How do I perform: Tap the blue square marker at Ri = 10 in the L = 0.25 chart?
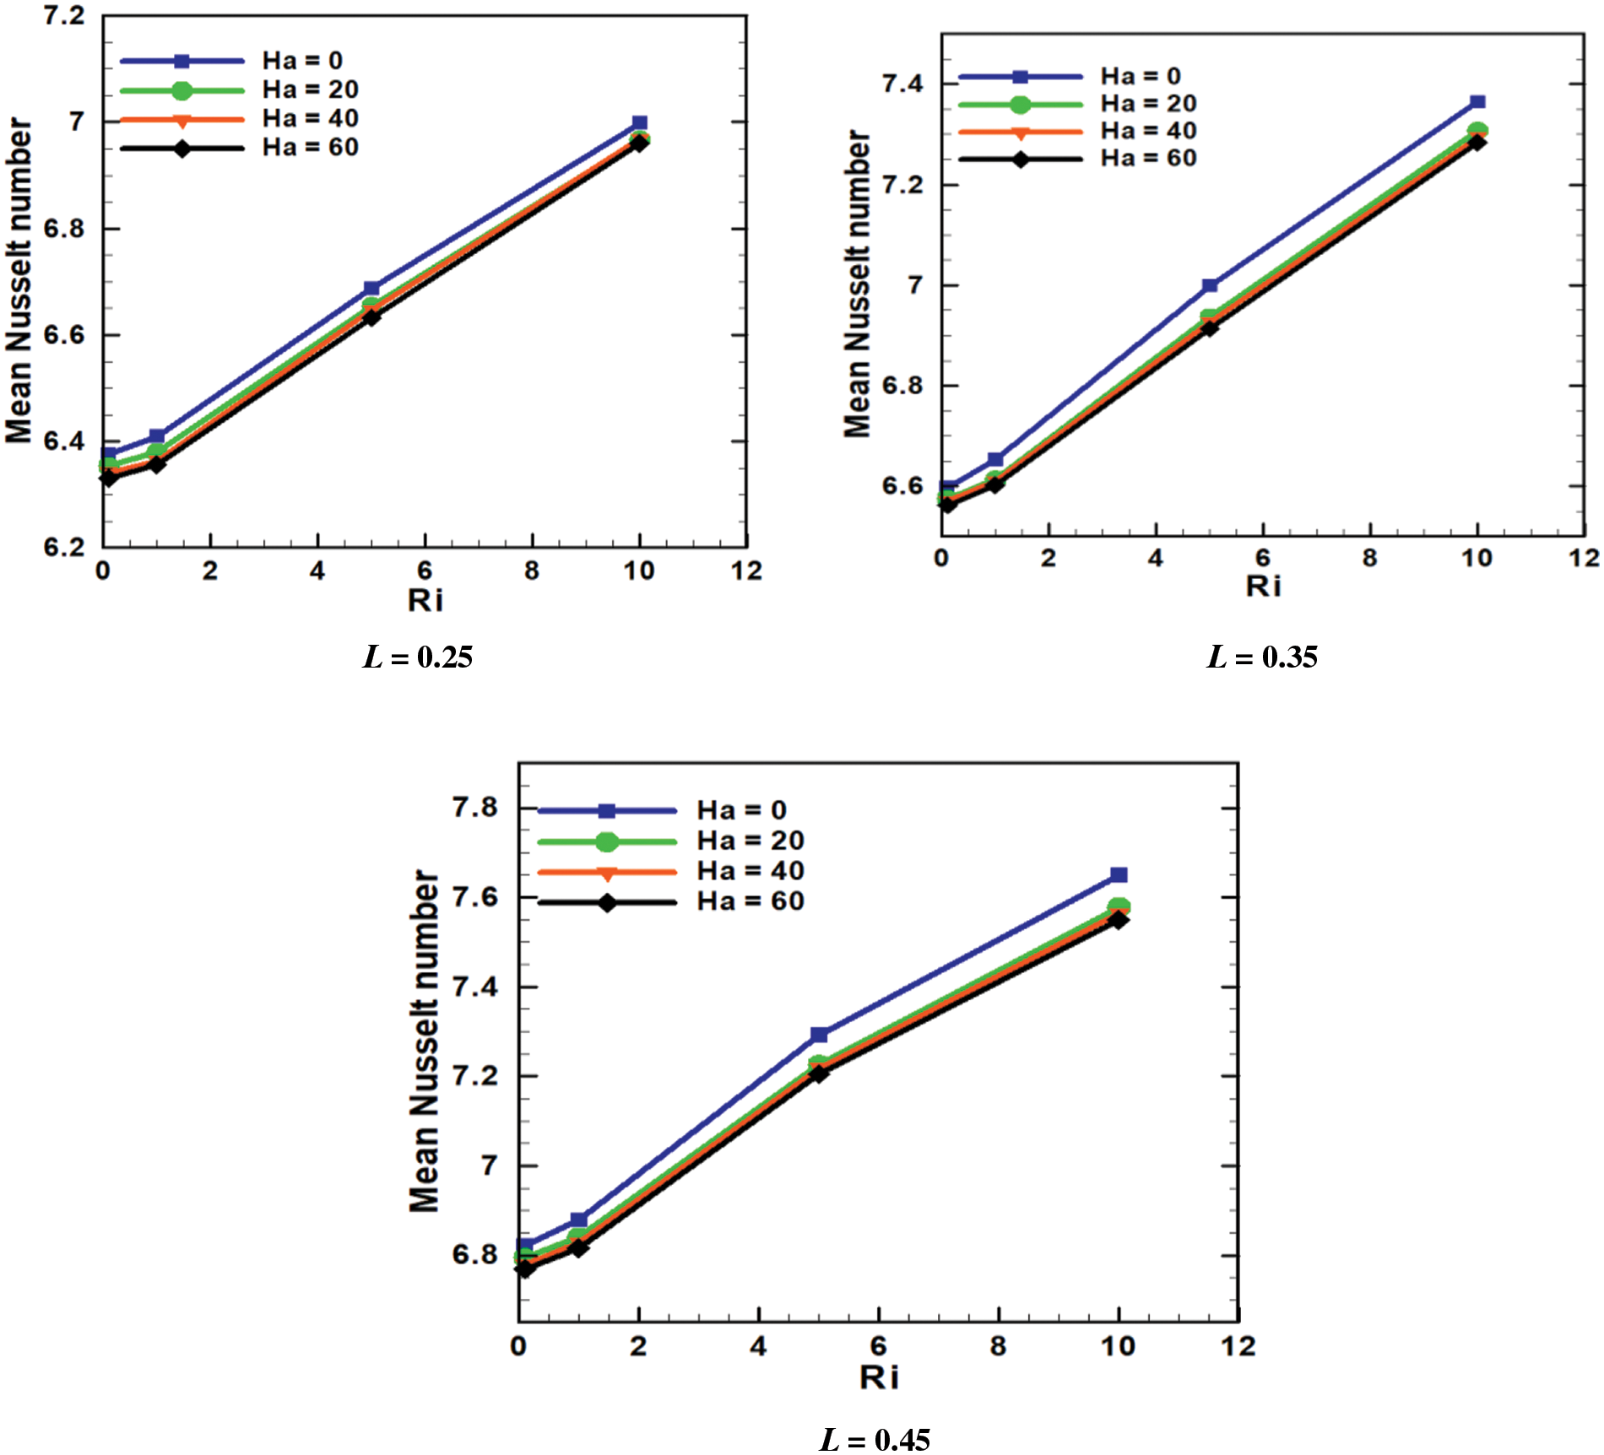click(640, 123)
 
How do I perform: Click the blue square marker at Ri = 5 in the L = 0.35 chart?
click(1210, 285)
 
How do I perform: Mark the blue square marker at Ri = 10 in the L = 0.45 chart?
click(1119, 874)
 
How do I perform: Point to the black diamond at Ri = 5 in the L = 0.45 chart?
click(818, 1074)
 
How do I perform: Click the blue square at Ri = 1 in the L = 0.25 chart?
click(157, 436)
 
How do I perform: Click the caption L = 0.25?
click(418, 657)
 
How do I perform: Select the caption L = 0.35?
click(1262, 657)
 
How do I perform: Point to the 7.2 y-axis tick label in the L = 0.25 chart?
click(64, 15)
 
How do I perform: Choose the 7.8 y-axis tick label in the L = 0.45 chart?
click(475, 808)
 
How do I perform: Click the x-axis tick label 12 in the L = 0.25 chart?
click(746, 571)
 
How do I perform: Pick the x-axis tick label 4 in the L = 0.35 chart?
click(1156, 558)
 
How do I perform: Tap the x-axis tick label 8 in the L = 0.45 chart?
click(999, 1346)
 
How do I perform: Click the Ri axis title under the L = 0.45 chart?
click(879, 1377)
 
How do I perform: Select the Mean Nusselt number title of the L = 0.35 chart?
click(858, 284)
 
